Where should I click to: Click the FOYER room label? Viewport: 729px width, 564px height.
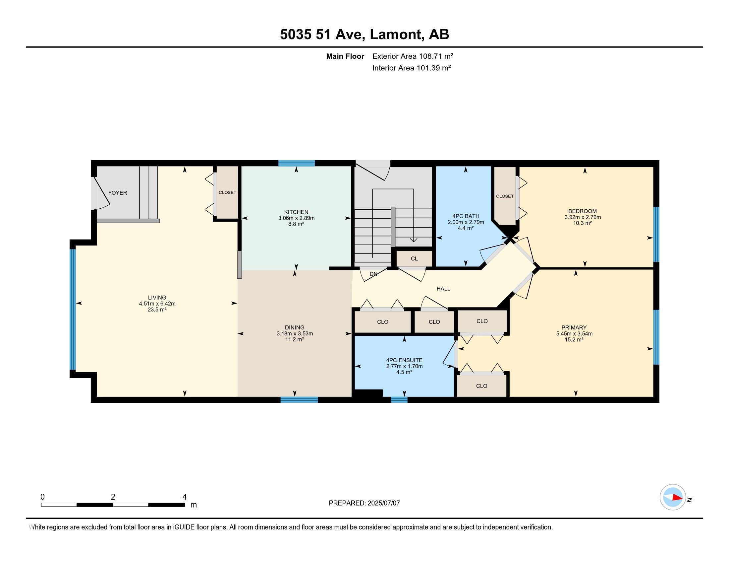pos(118,193)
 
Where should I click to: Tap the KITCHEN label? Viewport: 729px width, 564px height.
pos(296,212)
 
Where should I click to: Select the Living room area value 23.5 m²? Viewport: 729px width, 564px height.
pos(157,310)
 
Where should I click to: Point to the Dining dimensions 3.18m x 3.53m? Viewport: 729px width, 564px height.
pos(295,333)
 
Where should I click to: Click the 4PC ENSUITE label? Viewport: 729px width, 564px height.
pos(404,360)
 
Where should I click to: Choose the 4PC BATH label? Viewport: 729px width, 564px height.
pos(466,216)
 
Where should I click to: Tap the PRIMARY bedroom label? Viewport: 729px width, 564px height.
pos(574,327)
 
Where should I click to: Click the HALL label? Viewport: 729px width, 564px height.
pos(443,289)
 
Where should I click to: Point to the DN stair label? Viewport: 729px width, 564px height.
pos(373,274)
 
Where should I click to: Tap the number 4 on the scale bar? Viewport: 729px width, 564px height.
pos(185,497)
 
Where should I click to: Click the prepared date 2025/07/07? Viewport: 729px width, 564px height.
pos(383,503)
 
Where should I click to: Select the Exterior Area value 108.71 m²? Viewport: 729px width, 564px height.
pos(436,56)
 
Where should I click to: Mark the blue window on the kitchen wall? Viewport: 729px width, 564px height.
pos(297,163)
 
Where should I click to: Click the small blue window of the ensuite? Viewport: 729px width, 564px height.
pos(399,400)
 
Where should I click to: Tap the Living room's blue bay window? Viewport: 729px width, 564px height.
pos(73,310)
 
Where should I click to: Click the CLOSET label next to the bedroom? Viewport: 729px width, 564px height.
pos(505,196)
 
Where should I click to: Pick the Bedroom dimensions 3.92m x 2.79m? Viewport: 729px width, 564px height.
pos(583,217)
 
